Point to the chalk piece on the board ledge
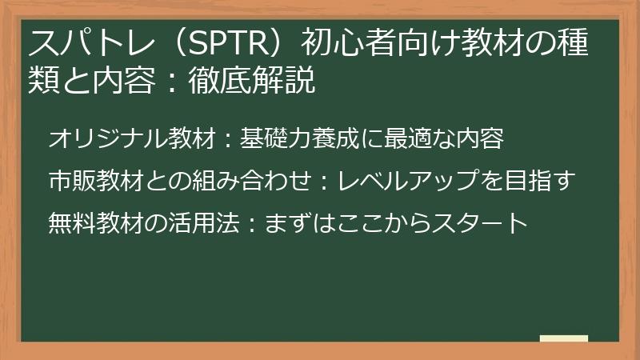point(563,339)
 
